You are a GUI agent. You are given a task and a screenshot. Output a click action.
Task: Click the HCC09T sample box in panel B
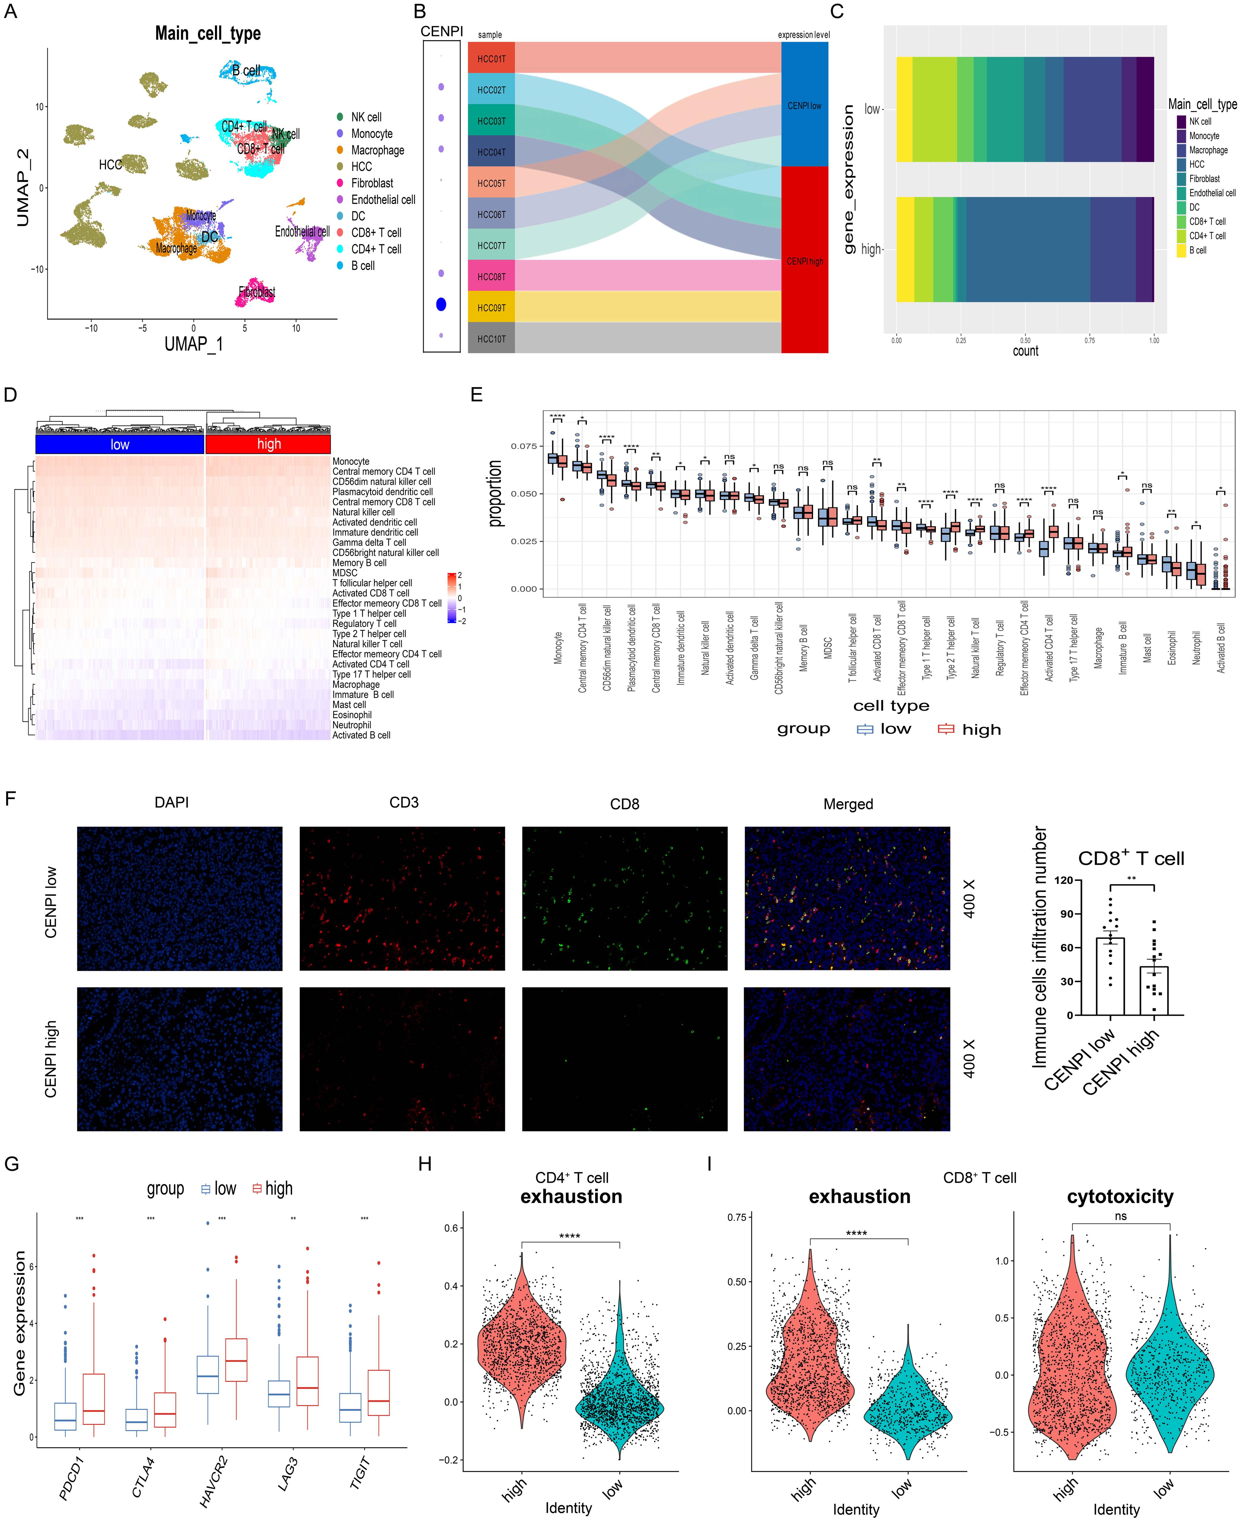click(x=491, y=307)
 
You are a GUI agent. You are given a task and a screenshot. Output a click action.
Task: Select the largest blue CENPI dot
click(x=441, y=304)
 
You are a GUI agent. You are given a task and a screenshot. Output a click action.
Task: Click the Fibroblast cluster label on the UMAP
click(x=257, y=292)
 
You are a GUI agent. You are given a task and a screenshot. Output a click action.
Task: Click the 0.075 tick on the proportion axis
click(x=523, y=446)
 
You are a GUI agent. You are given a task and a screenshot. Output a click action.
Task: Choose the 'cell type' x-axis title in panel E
click(x=891, y=706)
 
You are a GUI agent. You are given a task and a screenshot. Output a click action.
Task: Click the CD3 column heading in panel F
click(x=404, y=802)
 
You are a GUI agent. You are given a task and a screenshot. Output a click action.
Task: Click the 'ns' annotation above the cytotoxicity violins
click(x=1120, y=1216)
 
